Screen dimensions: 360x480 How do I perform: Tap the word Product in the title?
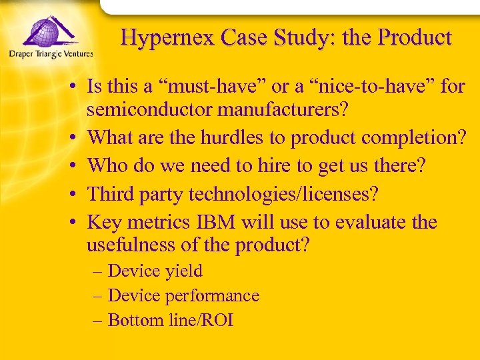point(415,37)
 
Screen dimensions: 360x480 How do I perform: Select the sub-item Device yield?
point(155,271)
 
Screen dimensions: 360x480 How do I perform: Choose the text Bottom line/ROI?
point(170,321)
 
